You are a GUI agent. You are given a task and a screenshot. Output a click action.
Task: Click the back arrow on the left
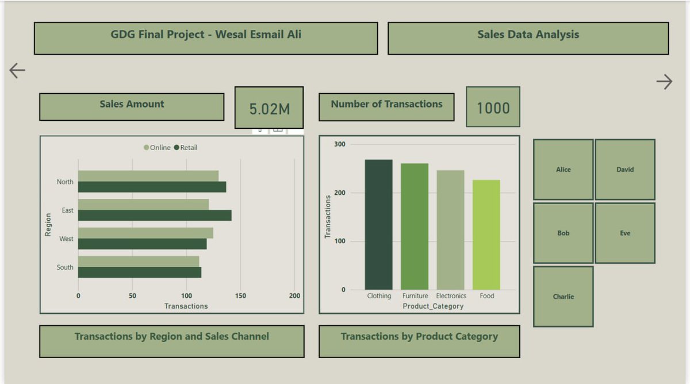pos(17,70)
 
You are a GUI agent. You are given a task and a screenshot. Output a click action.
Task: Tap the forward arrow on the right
pos(664,82)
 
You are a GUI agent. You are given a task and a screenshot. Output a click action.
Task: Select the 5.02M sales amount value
pos(269,108)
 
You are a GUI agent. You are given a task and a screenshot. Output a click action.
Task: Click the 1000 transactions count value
pos(493,107)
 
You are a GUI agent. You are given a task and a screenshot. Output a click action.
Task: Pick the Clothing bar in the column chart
pos(378,224)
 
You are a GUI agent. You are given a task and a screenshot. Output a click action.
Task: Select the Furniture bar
pos(415,226)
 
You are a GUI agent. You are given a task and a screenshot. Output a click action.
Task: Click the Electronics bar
pos(450,230)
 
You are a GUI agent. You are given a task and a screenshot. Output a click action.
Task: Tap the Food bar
pos(486,235)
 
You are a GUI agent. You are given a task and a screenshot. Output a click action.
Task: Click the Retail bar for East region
pos(155,216)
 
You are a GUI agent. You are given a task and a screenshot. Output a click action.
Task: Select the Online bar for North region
pos(148,176)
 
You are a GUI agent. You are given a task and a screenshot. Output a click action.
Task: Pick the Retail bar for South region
pos(140,272)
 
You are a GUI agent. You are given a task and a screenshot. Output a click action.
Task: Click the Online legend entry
pos(157,148)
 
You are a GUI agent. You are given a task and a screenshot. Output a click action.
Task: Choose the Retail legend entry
pos(185,148)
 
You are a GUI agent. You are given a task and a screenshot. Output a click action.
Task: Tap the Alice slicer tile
pos(563,170)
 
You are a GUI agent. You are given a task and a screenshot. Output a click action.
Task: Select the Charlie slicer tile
pos(563,297)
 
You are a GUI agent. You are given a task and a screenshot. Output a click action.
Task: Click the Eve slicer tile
pos(625,233)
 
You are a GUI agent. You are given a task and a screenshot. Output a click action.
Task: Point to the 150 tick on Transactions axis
pos(240,296)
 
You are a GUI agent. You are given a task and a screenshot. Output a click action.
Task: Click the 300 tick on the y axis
pos(339,144)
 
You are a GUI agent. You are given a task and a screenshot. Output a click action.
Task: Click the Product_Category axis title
pos(433,306)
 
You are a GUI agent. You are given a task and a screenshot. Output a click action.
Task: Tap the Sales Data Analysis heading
pos(528,34)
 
